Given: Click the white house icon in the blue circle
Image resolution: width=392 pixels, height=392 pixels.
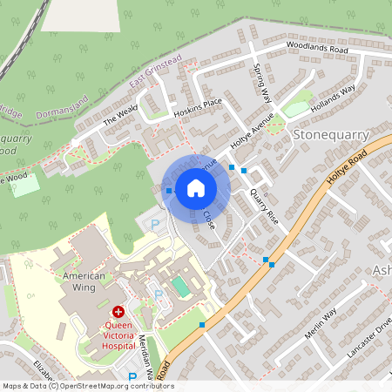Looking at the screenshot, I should tap(196, 187).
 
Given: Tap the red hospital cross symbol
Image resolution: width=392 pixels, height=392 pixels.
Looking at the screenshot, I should tap(118, 311).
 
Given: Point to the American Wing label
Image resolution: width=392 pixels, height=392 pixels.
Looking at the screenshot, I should tap(84, 282).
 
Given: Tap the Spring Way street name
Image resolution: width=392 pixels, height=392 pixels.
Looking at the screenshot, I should tap(261, 83).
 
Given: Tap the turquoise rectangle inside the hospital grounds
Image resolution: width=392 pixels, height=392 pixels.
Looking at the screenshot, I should tap(179, 286).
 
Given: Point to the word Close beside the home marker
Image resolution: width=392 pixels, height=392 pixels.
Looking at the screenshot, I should tap(209, 220).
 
